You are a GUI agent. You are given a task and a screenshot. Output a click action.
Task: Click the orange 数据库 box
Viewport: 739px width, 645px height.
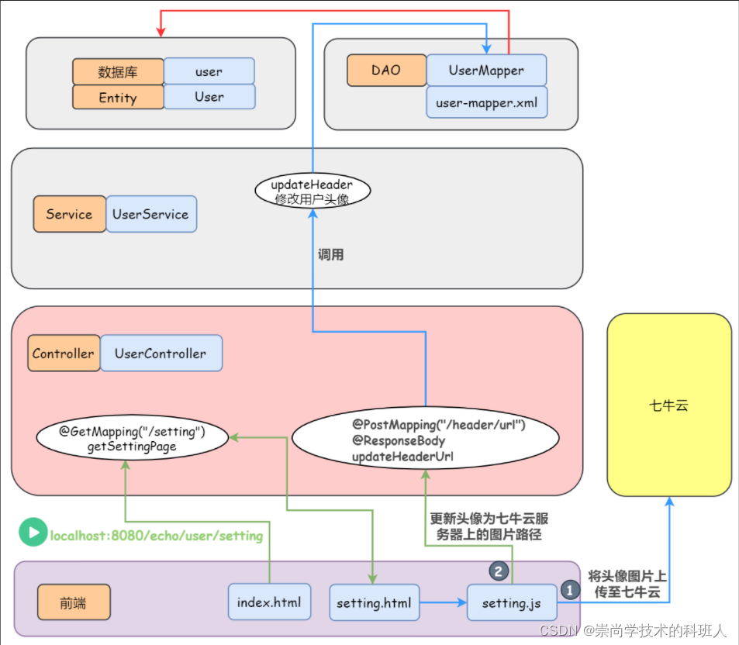point(118,72)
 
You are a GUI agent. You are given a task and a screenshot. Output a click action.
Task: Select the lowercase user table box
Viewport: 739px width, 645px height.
point(209,71)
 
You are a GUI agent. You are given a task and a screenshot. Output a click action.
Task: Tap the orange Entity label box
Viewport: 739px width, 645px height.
point(118,98)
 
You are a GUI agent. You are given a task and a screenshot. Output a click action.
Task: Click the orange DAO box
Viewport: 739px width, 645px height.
point(386,70)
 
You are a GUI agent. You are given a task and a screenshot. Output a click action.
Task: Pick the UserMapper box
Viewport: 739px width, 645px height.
point(486,70)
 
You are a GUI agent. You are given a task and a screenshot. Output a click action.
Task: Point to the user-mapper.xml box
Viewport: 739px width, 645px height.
point(486,102)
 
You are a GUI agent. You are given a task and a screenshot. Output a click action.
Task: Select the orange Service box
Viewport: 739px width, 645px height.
point(69,214)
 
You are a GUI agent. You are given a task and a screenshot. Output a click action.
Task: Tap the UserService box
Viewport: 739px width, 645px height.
point(150,214)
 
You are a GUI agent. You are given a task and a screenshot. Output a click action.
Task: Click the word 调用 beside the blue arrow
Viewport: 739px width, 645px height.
point(331,254)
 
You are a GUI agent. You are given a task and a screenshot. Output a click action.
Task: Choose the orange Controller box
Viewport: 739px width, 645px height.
point(63,354)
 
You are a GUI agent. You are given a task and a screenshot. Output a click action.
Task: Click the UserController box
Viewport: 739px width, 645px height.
point(161,354)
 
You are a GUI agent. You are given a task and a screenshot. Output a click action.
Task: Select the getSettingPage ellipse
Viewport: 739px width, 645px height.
point(133,439)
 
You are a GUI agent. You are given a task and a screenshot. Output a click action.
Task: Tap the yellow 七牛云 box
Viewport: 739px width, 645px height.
point(669,405)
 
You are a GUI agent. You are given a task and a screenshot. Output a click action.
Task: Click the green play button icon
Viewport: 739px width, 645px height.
point(33,533)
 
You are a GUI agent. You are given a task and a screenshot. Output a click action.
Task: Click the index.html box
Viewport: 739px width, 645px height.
point(269,602)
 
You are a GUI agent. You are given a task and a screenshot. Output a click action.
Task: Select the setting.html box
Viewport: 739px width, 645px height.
point(374,602)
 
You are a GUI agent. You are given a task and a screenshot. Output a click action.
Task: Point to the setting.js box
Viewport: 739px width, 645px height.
point(511,602)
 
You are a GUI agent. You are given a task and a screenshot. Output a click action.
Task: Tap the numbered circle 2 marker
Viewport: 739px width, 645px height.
point(498,571)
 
